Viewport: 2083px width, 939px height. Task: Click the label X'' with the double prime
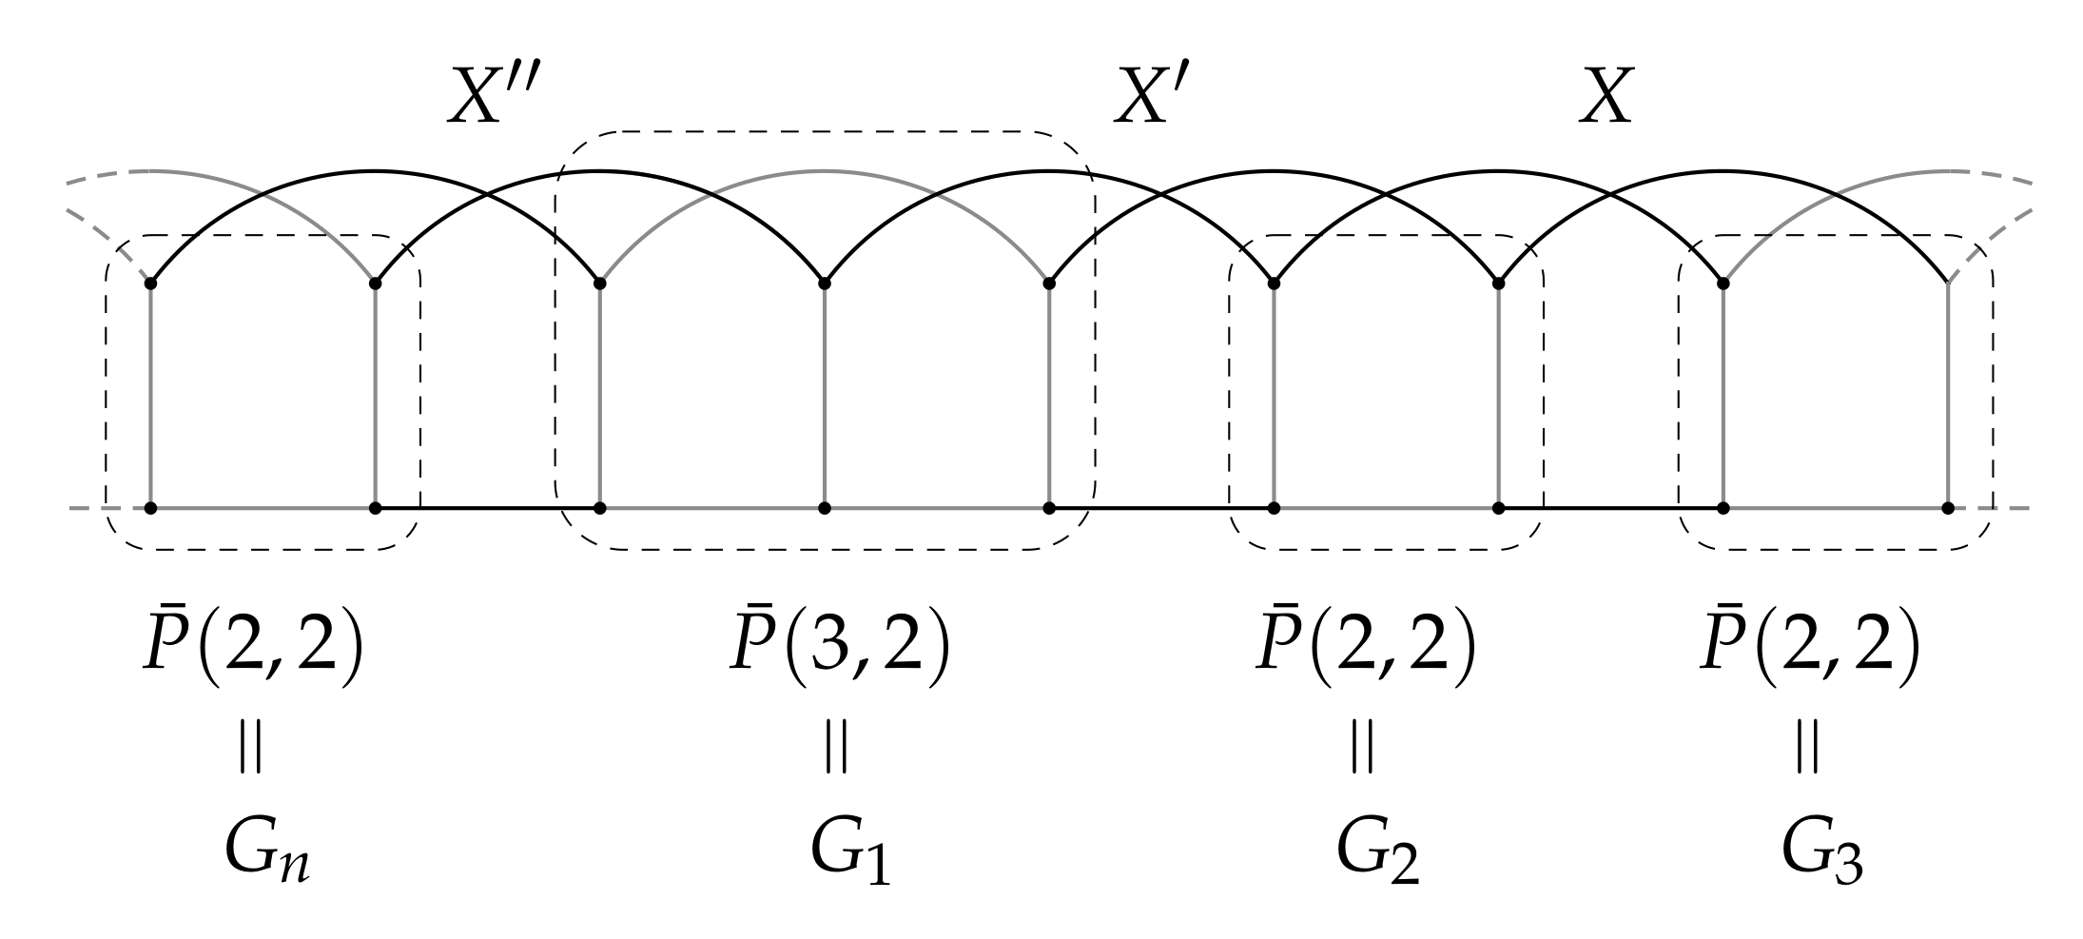pos(498,97)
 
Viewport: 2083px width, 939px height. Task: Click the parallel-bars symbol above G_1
pos(836,748)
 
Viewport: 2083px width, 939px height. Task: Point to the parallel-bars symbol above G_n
pos(250,748)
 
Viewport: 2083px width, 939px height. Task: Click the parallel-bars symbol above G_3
pos(1807,748)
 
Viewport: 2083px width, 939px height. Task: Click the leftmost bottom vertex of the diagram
pos(151,508)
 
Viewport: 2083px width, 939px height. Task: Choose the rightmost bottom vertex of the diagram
pos(1948,508)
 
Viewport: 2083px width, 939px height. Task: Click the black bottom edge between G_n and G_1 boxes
pos(487,508)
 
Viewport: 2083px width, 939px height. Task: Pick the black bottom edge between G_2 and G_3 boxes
pos(1611,508)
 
